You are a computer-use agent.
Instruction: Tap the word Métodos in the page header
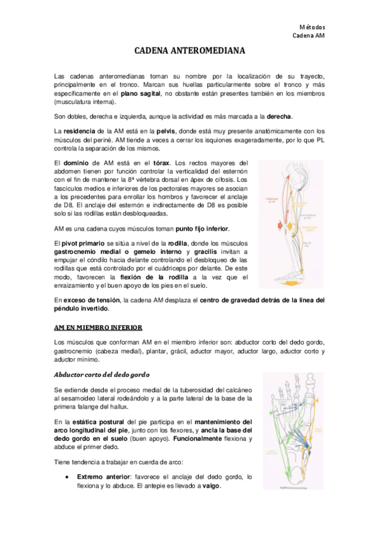[x=311, y=27]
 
